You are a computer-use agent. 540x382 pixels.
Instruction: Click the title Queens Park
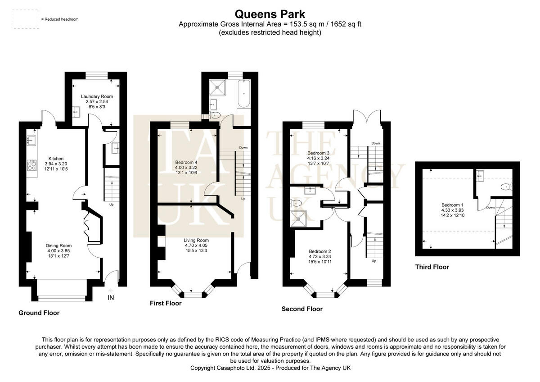[270, 14]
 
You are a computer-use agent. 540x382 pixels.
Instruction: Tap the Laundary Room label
[97, 96]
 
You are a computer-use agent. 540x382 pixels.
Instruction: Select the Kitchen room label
[57, 159]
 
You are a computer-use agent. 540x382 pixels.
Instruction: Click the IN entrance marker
[111, 298]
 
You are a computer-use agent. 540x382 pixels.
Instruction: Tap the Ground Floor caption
[39, 313]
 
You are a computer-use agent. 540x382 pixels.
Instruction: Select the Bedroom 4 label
[186, 162]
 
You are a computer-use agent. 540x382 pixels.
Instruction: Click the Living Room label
[197, 240]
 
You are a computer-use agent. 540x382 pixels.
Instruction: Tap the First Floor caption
[166, 304]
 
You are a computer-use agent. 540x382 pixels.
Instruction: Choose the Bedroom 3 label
[318, 153]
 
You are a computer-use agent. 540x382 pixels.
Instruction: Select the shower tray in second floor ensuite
[298, 218]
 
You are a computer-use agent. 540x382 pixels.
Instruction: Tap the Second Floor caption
[302, 309]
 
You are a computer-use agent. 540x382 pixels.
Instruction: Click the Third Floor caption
[432, 267]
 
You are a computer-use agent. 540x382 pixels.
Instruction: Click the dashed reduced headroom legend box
[25, 19]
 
